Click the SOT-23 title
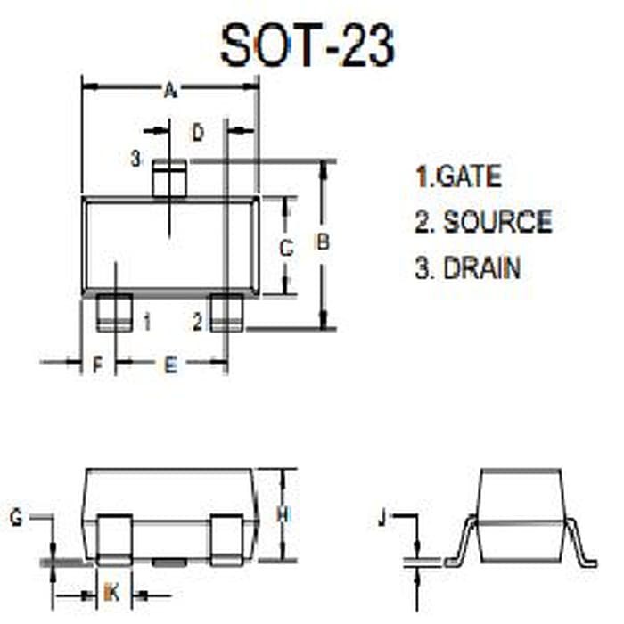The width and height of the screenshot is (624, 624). tap(308, 44)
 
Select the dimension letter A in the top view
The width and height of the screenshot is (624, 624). tap(170, 89)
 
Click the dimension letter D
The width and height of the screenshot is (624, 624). tap(198, 133)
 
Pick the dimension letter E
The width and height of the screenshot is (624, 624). tap(170, 363)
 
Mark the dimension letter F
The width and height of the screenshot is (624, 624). tap(99, 363)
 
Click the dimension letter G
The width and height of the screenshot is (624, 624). tap(16, 517)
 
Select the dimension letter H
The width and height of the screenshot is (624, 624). tap(283, 515)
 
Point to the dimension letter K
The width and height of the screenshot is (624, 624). tap(111, 591)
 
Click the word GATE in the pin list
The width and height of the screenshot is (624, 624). tap(469, 176)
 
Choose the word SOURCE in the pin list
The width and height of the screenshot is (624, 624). tap(497, 221)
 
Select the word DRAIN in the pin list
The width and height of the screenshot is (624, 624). tap(481, 267)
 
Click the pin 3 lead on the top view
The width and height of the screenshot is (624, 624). tap(169, 178)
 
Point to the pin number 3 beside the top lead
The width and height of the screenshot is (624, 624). tap(135, 160)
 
